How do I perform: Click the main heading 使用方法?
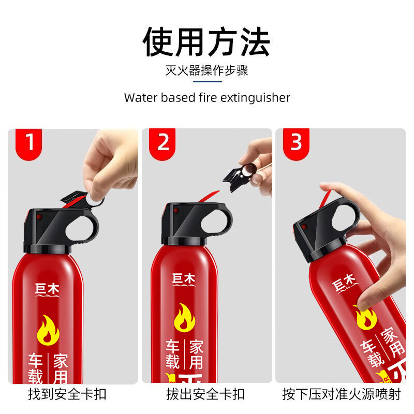206,42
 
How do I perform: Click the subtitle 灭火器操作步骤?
206,70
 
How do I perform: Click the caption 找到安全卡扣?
67,394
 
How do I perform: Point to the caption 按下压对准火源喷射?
342,394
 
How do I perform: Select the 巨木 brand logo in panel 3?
344,284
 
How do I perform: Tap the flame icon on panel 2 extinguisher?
184,317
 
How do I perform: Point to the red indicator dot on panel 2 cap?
176,211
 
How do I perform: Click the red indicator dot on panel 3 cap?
304,227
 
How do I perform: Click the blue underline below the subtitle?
206,81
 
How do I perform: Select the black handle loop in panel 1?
84,224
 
